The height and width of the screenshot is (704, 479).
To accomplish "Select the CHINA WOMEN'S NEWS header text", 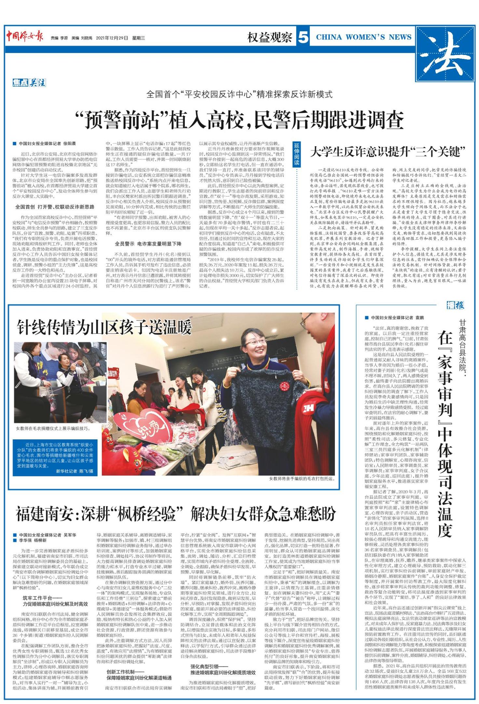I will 363,37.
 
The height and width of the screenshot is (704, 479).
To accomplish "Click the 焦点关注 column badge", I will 29,83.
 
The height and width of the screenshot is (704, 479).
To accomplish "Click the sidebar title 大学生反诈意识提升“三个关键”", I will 388,152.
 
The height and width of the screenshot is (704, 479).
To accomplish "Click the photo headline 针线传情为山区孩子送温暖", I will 104,327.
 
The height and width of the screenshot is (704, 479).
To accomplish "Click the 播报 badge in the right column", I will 455,305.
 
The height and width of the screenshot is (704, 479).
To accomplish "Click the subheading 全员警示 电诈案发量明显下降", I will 148,244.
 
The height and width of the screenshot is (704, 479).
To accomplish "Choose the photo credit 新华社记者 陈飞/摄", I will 75,471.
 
